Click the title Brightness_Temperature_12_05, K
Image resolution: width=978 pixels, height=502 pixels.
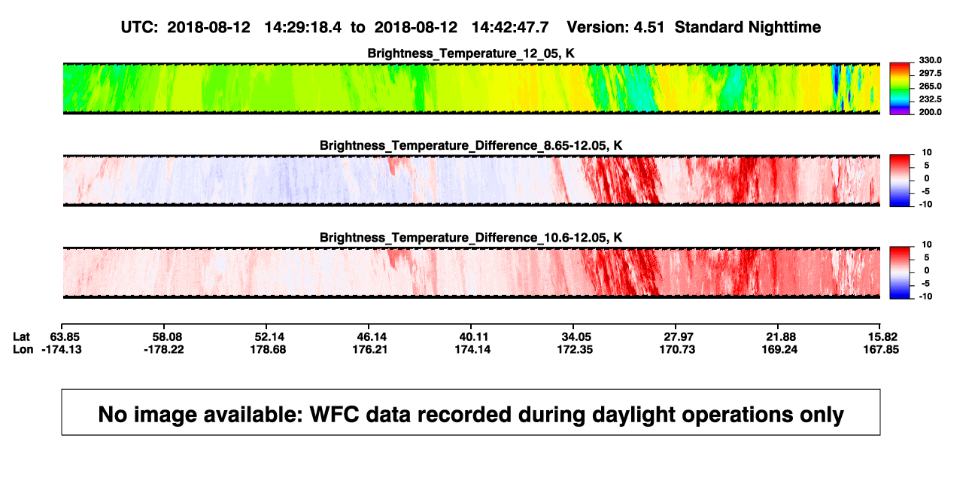point(471,53)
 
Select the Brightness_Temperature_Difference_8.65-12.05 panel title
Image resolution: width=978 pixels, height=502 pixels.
point(471,145)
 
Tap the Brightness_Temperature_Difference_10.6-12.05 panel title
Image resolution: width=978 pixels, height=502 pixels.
point(471,238)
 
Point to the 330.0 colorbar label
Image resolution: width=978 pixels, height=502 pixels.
point(930,60)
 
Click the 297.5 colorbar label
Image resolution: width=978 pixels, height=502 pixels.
point(930,73)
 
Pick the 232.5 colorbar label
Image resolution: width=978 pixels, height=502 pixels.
point(930,99)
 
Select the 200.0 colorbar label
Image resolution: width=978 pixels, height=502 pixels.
point(930,112)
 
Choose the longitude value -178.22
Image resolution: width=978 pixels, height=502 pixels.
point(164,349)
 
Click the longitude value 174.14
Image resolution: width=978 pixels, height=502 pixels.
point(472,349)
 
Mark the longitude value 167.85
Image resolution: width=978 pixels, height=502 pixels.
point(881,349)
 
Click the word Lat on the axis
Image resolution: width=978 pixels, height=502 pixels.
point(21,337)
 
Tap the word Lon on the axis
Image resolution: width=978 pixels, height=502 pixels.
point(23,349)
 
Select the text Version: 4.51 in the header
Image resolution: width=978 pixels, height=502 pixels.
point(615,28)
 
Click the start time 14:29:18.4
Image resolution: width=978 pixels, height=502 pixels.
point(303,28)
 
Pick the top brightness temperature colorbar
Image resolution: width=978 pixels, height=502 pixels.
point(900,89)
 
